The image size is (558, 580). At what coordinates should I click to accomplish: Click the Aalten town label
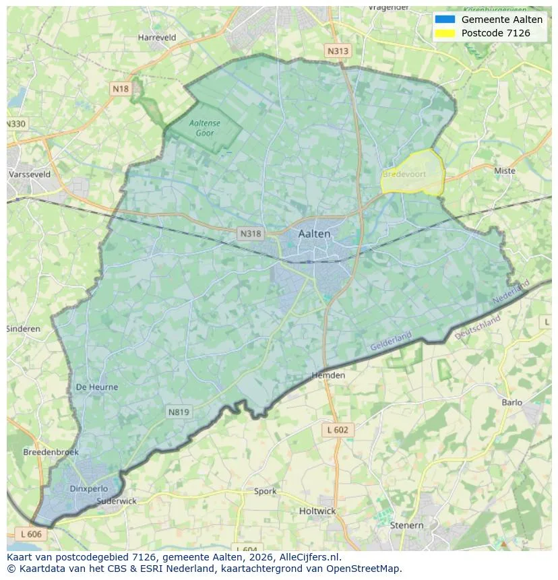coord(314,234)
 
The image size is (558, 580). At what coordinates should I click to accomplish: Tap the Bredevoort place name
coord(404,174)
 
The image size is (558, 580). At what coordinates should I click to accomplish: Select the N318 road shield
coord(250,234)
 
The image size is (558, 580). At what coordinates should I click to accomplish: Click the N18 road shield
coord(121,89)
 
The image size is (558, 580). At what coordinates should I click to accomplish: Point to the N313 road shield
coord(338,51)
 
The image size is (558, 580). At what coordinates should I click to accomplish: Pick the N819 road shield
coord(179,412)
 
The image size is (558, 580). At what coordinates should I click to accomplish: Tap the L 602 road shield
coord(337,430)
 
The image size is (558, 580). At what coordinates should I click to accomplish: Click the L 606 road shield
coord(30,534)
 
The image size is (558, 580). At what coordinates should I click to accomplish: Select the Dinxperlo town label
coord(88,488)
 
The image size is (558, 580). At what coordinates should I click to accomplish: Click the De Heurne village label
coord(96,387)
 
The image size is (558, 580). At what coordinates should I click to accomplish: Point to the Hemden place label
coord(328,375)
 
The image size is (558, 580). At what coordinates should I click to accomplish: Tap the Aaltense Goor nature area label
coord(205,128)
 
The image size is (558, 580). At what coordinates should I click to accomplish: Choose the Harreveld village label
coord(156,38)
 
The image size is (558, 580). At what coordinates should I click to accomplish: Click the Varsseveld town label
coord(29,174)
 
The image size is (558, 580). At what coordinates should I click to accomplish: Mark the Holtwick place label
coord(317,511)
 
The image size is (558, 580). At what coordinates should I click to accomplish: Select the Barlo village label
coord(511,402)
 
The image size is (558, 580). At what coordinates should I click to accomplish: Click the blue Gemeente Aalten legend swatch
coord(445,20)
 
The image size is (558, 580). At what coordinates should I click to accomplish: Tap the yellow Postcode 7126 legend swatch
coord(445,33)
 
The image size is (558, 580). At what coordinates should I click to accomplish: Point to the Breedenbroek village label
coord(51,452)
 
